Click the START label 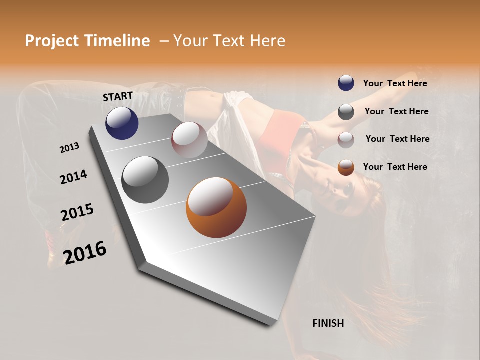[x=118, y=96]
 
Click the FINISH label [x=328, y=323]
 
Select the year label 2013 [x=69, y=148]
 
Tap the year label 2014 [x=73, y=177]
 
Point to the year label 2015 [x=77, y=212]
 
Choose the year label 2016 [x=85, y=252]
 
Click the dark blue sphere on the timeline [x=122, y=123]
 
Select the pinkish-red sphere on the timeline [x=189, y=140]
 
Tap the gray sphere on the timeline [x=145, y=180]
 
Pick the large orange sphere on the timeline [x=216, y=207]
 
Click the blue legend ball [x=346, y=83]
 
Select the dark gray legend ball [x=346, y=112]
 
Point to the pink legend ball [x=346, y=140]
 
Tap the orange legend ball [x=346, y=167]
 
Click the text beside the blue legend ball [x=395, y=83]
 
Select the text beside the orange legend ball [x=395, y=167]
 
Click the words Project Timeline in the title [x=87, y=41]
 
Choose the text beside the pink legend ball [x=397, y=139]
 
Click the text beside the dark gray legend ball [x=396, y=111]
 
